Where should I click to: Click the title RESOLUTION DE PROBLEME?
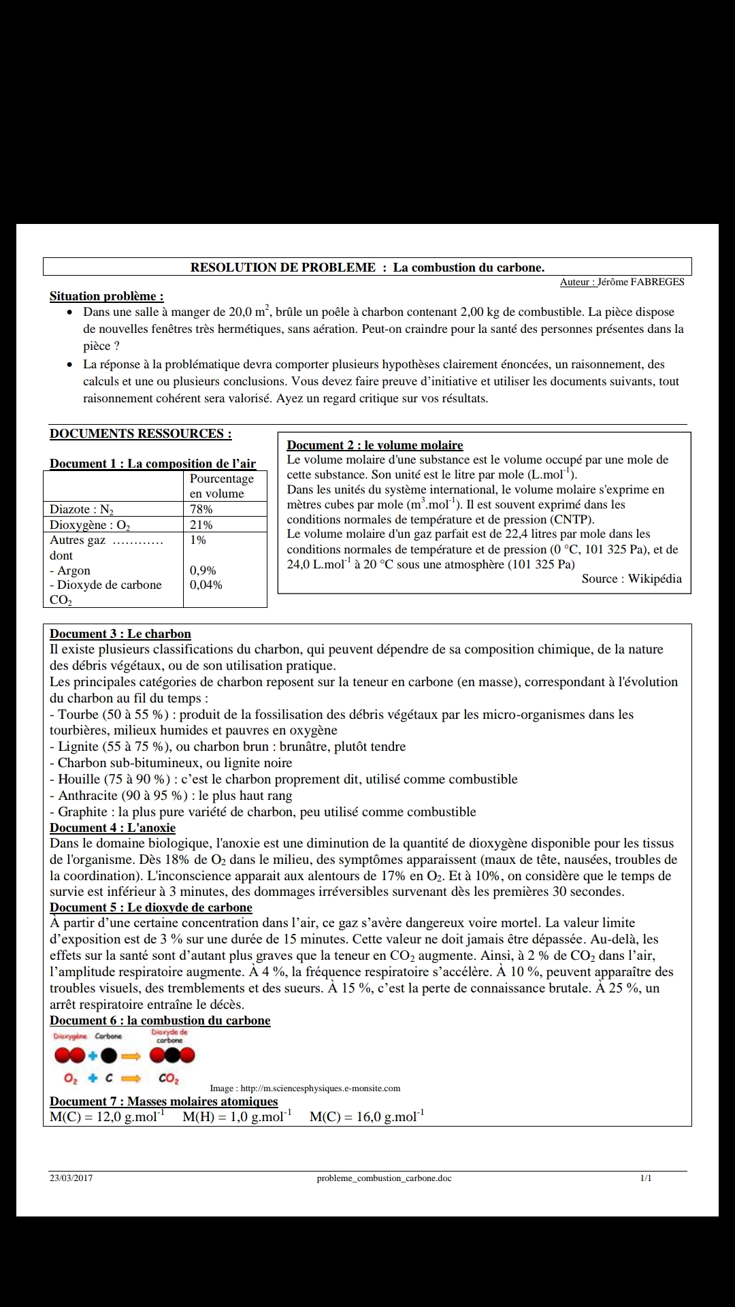(282, 268)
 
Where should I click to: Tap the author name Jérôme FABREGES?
(641, 282)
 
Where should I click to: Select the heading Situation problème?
(106, 296)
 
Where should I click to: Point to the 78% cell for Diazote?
(201, 509)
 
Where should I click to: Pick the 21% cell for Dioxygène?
(201, 525)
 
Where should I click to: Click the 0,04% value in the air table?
(206, 585)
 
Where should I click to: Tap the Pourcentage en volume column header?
(221, 486)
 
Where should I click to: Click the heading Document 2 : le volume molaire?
(374, 445)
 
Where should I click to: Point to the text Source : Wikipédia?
(632, 579)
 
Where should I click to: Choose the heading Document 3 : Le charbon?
(120, 634)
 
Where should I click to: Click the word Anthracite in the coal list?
(88, 795)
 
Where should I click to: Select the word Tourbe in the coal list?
(78, 714)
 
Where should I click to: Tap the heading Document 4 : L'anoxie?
(112, 828)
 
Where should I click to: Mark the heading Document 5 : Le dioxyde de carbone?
(150, 907)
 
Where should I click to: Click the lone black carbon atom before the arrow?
(109, 1056)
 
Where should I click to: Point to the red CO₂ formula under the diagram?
(168, 1079)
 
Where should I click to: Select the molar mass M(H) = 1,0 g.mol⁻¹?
(237, 1117)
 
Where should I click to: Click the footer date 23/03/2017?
(71, 1178)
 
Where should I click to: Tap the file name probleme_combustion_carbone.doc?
(384, 1178)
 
